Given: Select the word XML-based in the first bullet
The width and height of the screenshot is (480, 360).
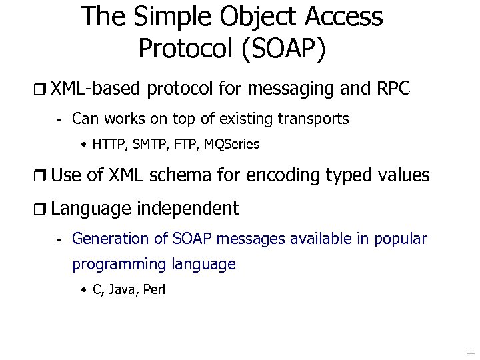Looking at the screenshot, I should (97, 89).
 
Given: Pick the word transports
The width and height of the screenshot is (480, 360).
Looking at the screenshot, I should (311, 119).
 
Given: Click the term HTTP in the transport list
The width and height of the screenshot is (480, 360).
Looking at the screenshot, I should (107, 144).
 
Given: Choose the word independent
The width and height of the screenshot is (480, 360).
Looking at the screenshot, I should (188, 209).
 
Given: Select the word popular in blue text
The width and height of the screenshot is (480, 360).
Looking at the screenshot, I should (401, 239).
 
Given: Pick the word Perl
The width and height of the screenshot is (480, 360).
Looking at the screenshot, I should (154, 290).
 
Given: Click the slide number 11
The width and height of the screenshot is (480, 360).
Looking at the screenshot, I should (470, 351).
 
